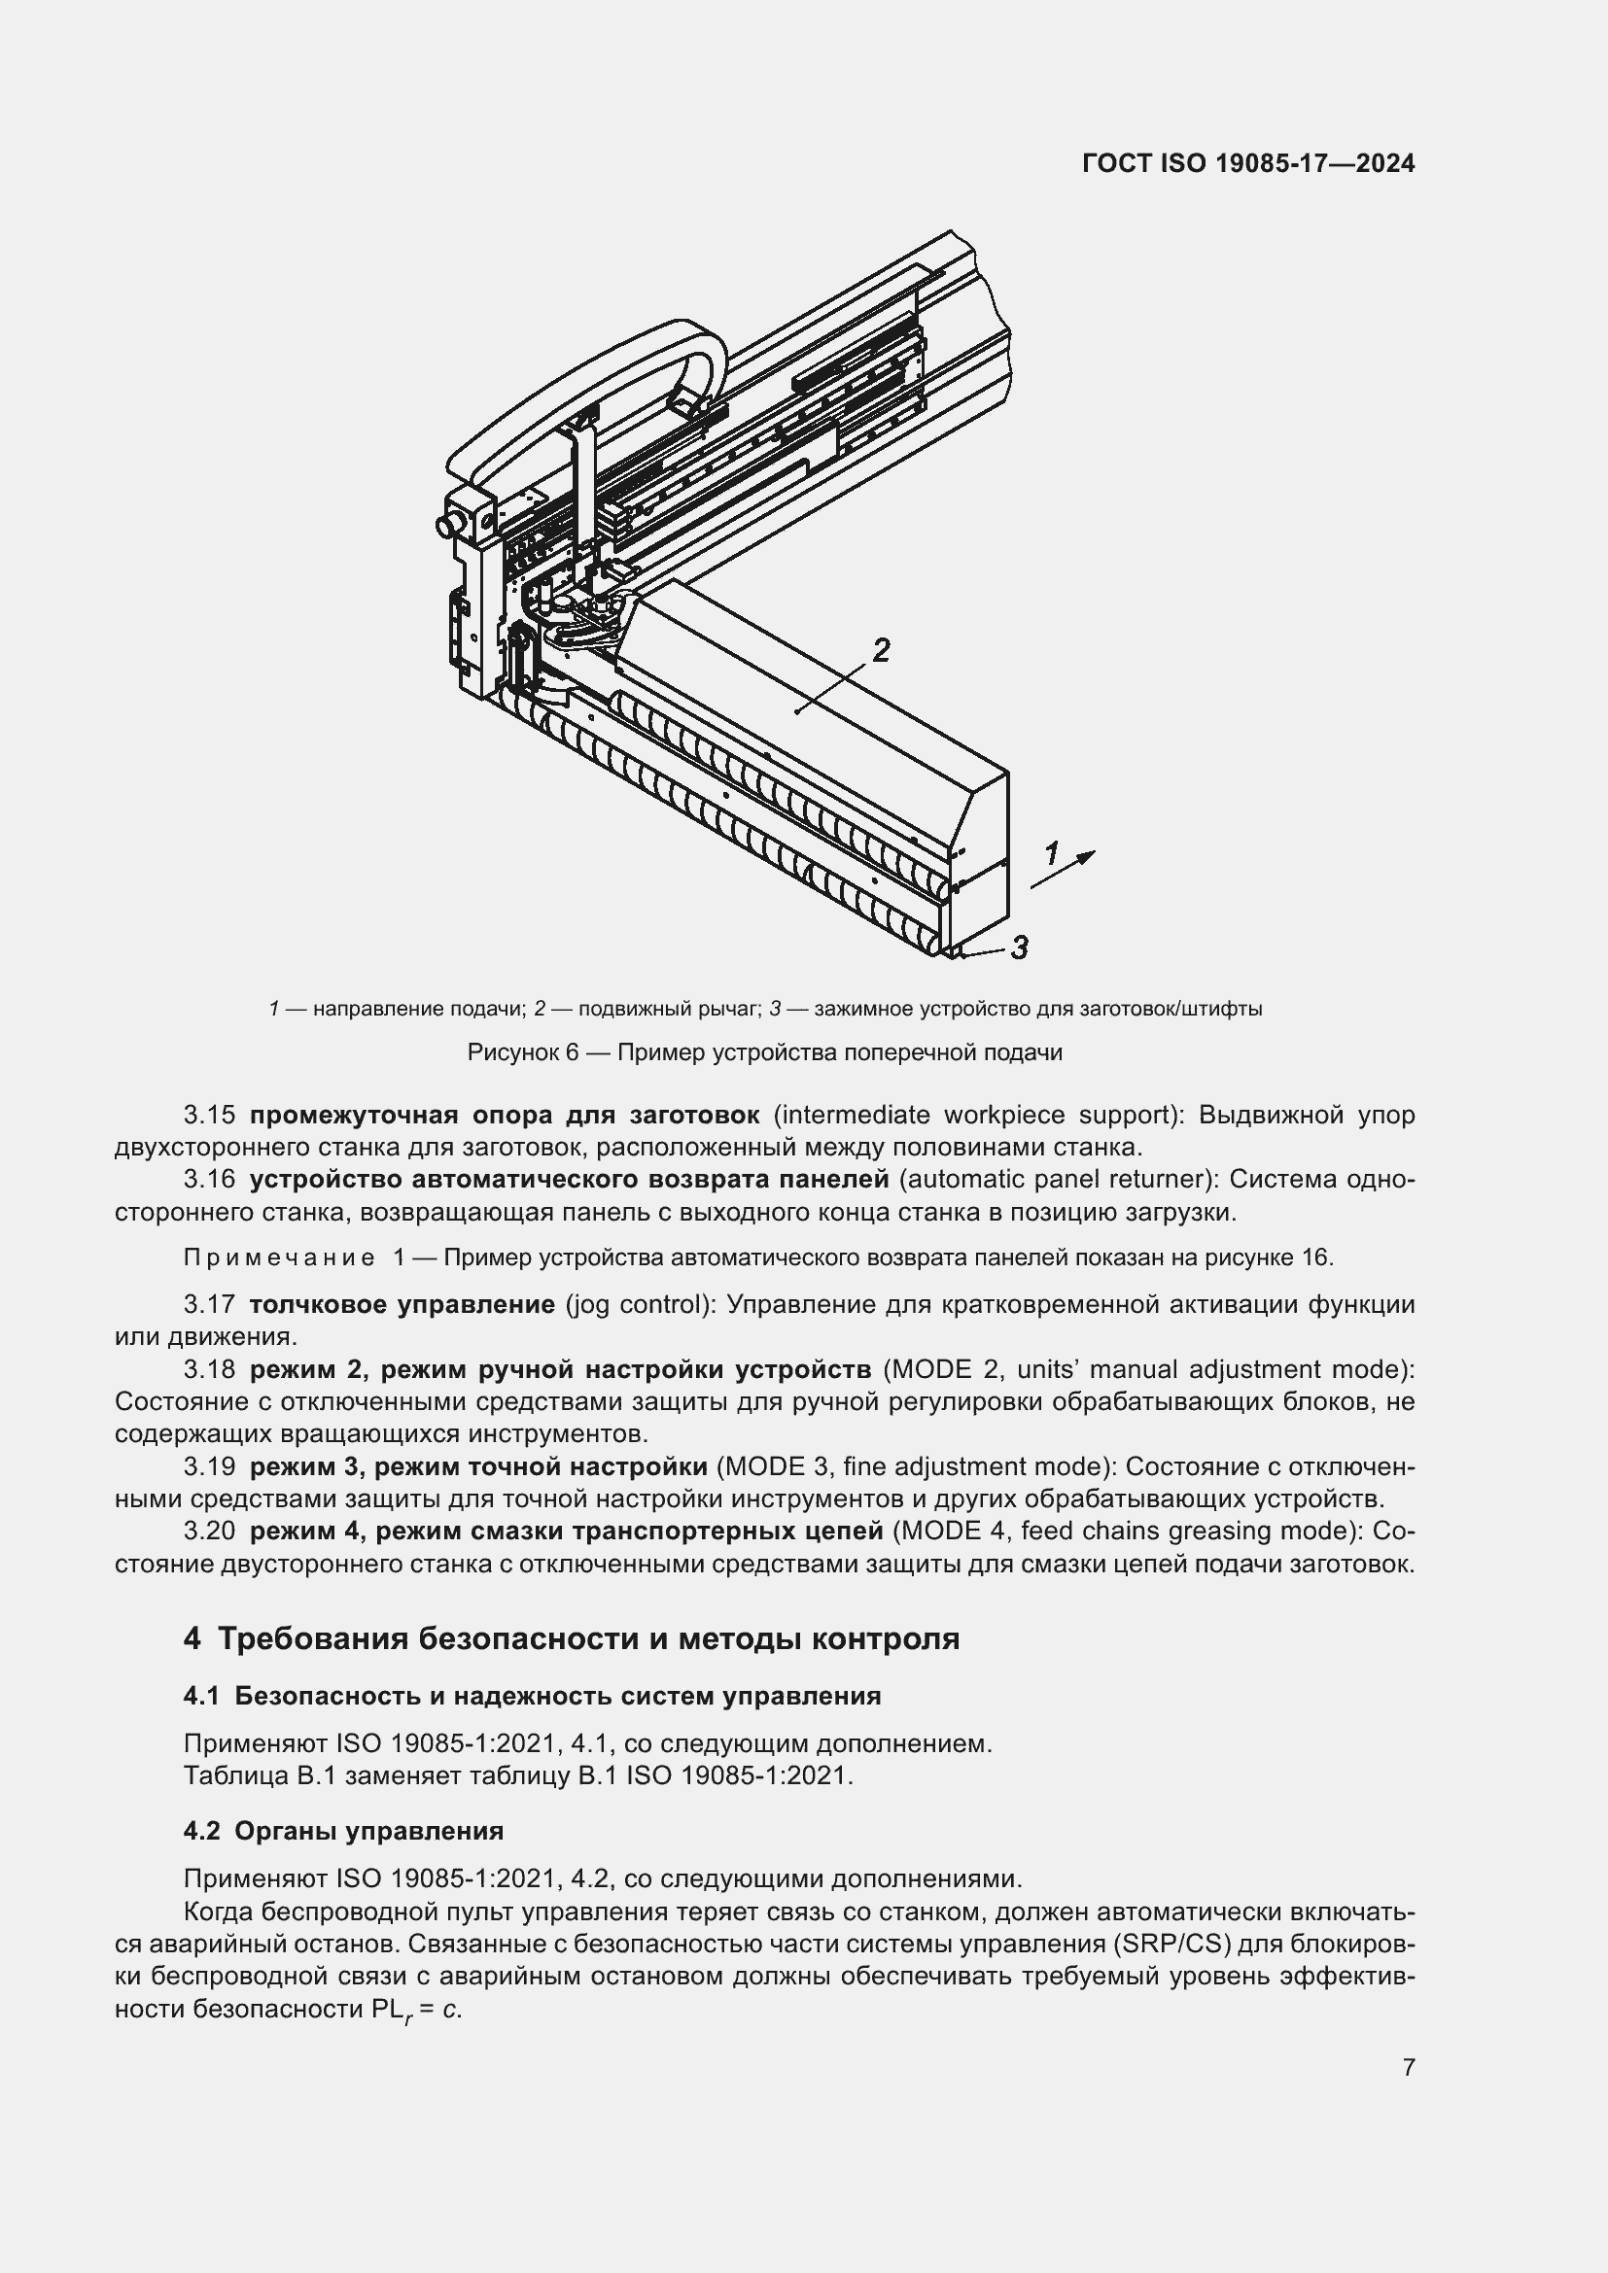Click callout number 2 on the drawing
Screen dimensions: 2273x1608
click(x=879, y=650)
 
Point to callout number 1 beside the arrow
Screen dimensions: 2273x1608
click(x=1051, y=852)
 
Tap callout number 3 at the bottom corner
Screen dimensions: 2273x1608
click(x=1019, y=947)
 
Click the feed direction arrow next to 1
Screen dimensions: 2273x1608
click(x=1065, y=869)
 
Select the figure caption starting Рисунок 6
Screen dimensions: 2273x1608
click(x=764, y=1052)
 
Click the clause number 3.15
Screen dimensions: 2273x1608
click(x=209, y=1116)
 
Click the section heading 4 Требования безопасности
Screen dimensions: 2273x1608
click(x=572, y=1638)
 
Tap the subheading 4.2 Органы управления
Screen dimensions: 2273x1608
click(x=342, y=1831)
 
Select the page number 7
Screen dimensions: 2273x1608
click(x=1408, y=2067)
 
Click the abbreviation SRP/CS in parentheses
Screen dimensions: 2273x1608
click(x=1172, y=1944)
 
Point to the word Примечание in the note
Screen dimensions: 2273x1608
click(x=279, y=1258)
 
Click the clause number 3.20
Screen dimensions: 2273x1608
click(x=209, y=1532)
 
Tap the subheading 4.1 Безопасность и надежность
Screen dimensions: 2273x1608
click(x=532, y=1696)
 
